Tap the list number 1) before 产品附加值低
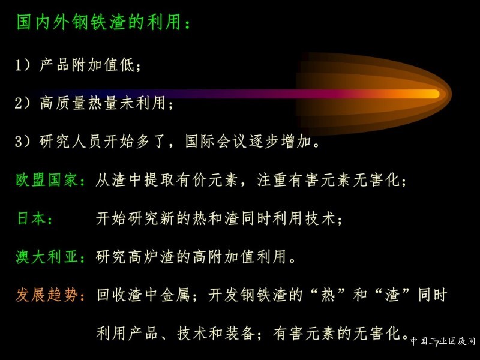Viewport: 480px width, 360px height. [23, 65]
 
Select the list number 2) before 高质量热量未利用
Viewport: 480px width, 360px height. [23, 103]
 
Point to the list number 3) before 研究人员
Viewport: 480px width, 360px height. [23, 141]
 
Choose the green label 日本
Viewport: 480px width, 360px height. [31, 218]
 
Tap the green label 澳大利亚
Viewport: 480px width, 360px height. [47, 257]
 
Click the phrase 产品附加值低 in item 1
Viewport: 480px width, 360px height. [87, 65]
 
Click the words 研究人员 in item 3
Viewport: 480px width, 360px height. [70, 141]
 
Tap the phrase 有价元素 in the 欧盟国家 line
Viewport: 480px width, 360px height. [207, 179]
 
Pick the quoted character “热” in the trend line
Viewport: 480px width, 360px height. [328, 295]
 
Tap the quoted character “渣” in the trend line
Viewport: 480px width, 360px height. [392, 295]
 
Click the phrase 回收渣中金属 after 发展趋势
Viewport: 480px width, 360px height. [143, 295]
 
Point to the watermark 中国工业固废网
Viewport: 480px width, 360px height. [443, 341]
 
